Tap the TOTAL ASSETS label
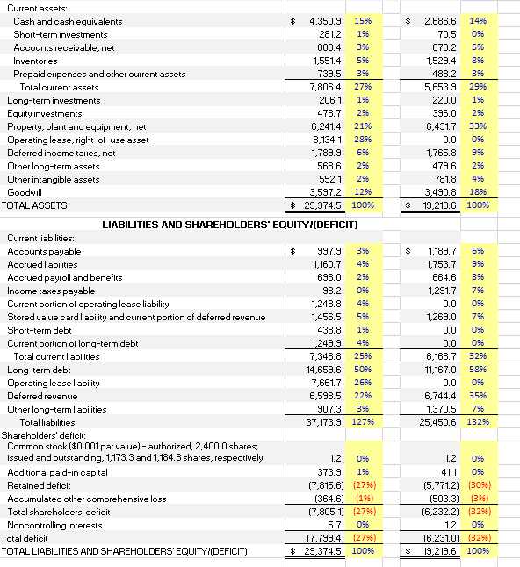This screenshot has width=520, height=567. click(x=36, y=205)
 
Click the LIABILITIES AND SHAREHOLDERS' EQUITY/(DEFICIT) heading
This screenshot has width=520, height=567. click(x=230, y=225)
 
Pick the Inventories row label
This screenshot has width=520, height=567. click(x=35, y=61)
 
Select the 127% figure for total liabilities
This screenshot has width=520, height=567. click(x=362, y=422)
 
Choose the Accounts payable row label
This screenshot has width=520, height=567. click(x=43, y=251)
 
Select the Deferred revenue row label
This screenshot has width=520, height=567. click(x=43, y=396)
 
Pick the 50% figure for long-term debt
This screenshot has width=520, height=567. click(x=362, y=370)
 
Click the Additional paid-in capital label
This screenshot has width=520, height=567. click(x=57, y=472)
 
